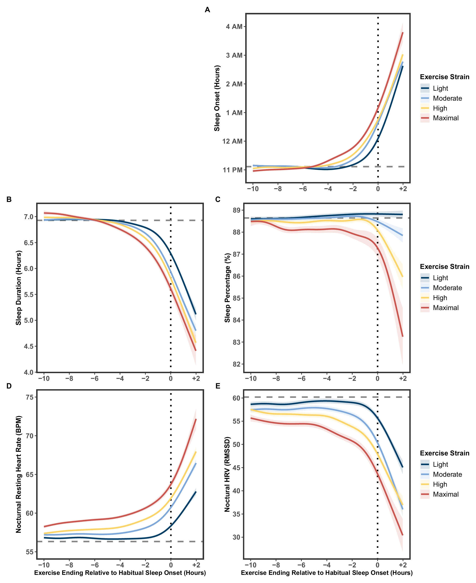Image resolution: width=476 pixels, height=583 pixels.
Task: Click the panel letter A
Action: (207, 10)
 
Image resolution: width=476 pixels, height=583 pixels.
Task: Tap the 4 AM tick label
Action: (234, 27)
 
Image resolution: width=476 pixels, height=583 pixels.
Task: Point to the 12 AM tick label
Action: (232, 141)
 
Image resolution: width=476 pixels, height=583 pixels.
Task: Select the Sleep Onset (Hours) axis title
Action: (217, 98)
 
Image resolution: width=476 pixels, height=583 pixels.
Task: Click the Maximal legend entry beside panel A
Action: (445, 118)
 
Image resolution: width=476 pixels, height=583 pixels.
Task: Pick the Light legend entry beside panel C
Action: (440, 278)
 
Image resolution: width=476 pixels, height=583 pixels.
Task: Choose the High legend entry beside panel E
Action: (440, 484)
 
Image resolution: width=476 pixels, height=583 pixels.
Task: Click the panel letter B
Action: (9, 199)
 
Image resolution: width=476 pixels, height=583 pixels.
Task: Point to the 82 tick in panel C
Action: (236, 364)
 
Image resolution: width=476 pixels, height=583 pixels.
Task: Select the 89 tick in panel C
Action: (236, 210)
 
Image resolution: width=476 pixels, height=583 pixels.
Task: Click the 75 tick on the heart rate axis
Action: (30, 397)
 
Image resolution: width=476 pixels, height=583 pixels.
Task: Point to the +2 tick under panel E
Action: (403, 565)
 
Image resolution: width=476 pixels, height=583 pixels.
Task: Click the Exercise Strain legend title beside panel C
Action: (444, 266)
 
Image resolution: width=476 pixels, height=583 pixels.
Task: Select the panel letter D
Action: (9, 386)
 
